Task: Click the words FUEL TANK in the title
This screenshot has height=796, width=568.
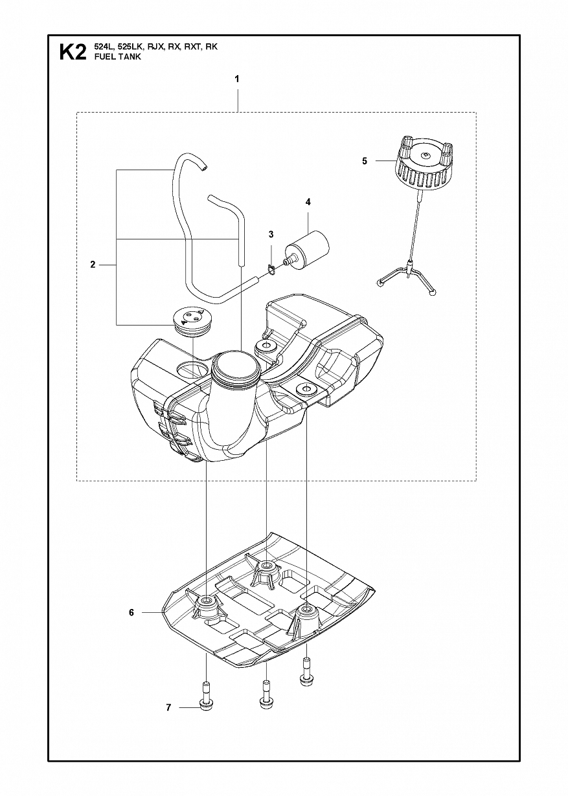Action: tap(117, 57)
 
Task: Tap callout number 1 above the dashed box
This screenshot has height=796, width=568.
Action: tap(237, 79)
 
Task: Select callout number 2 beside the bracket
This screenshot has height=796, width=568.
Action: tap(93, 265)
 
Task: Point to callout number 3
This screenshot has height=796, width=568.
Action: tap(271, 234)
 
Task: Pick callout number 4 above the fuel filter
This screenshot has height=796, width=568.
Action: tap(308, 202)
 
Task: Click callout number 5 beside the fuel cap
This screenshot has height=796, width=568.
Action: tap(365, 161)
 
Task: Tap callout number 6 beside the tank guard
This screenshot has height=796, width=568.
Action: tap(131, 612)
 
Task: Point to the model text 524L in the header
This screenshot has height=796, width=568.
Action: tap(103, 47)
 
